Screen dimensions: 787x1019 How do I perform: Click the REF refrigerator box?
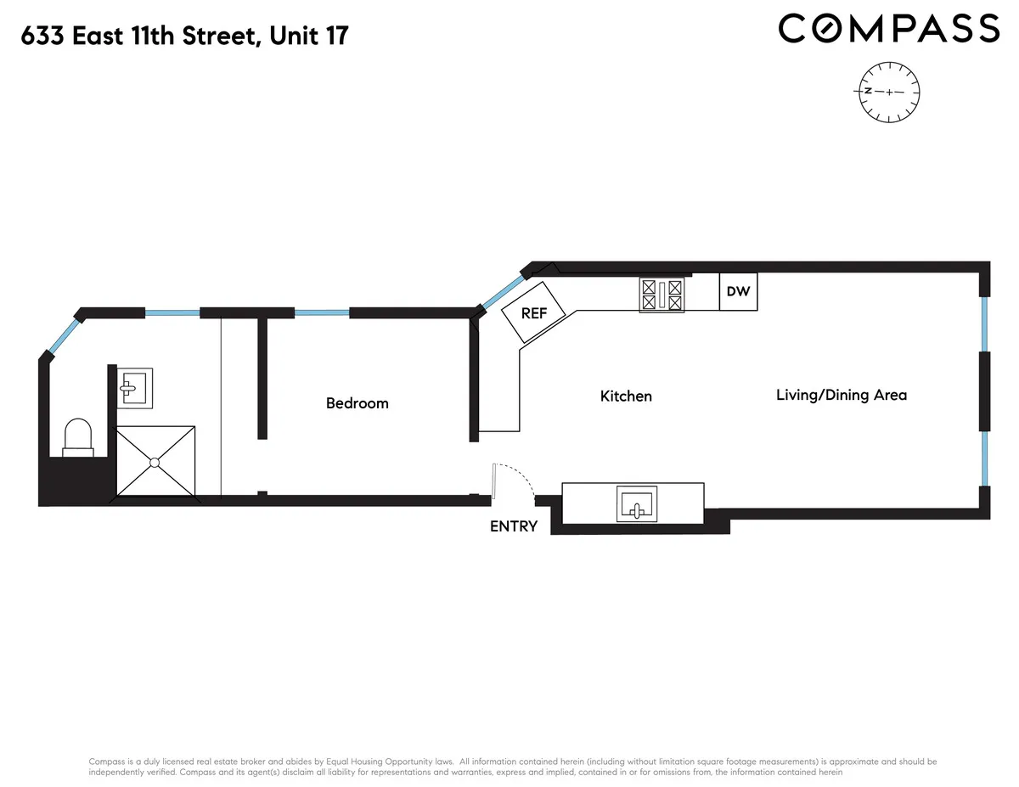[x=534, y=312]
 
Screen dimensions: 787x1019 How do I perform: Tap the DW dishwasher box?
[x=738, y=291]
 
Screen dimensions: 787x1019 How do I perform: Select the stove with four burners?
[x=662, y=295]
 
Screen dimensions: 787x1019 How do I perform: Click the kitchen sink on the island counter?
[x=636, y=504]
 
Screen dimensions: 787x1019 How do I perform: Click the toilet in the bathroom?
[x=78, y=436]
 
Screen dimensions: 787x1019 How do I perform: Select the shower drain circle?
[x=155, y=463]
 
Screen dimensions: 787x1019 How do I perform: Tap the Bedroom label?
[x=357, y=403]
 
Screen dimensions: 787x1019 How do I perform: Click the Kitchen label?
[x=626, y=396]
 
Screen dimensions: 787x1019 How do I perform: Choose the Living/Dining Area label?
[x=842, y=395]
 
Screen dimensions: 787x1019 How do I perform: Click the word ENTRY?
[x=514, y=526]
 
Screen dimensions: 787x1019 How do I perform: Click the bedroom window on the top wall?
[x=322, y=312]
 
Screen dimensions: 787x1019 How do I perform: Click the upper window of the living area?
[x=984, y=323]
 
